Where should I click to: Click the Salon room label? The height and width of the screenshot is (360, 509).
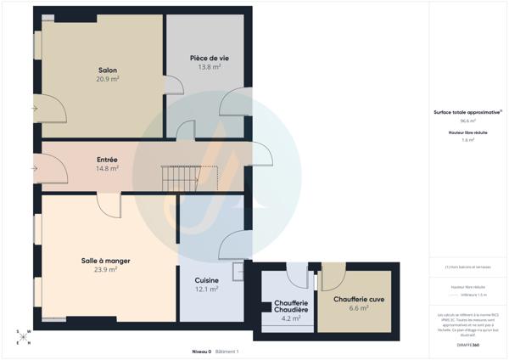[108, 70]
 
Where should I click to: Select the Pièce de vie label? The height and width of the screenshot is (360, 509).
[210, 58]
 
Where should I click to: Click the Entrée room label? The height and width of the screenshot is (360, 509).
[108, 160]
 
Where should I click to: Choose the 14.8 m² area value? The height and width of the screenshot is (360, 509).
[108, 168]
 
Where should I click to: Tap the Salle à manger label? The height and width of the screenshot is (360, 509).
[105, 261]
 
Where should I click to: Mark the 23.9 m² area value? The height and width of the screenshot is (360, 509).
[105, 270]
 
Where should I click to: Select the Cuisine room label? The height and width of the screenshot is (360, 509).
[207, 280]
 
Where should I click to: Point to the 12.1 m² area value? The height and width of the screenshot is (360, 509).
[207, 289]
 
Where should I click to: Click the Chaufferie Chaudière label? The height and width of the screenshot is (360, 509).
[290, 307]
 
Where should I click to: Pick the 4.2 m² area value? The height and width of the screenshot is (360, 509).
[290, 319]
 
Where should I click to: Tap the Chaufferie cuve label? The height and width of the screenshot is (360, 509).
[359, 299]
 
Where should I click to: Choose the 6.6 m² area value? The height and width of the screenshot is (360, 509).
[359, 308]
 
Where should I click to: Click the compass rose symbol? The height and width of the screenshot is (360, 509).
[25, 337]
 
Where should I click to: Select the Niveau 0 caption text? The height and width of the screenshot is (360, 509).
[202, 351]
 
